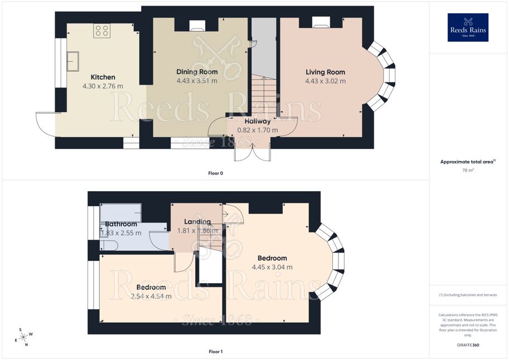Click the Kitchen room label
103,77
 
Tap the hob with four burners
101,31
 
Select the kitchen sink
73,61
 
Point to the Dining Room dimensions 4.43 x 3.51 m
197,81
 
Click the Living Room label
325,72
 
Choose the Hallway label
258,121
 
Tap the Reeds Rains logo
468,27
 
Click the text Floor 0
216,173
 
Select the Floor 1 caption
216,352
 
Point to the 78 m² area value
468,170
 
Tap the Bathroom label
121,224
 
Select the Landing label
197,222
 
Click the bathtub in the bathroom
121,213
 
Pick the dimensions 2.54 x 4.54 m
151,296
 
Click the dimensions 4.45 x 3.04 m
273,267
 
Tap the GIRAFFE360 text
468,345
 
